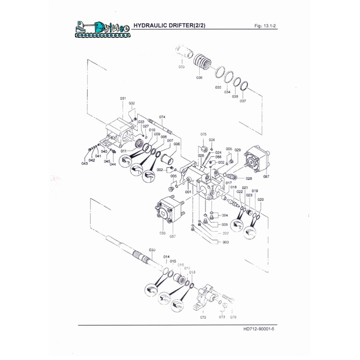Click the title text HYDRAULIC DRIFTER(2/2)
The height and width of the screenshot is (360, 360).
[169, 26]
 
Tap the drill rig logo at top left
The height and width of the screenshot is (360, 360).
[102, 28]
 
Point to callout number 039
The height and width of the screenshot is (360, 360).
[181, 67]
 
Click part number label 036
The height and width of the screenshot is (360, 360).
[199, 77]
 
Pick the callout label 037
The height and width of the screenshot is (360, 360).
[243, 101]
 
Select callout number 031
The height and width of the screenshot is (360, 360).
[123, 98]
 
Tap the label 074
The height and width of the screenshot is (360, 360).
[162, 117]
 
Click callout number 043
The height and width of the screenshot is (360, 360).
[84, 163]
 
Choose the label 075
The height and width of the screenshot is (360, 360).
[203, 134]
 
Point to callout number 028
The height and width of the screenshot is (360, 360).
[249, 178]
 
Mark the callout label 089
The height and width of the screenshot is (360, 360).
[163, 233]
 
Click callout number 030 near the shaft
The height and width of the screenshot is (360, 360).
[152, 249]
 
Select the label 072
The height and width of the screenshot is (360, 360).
[203, 318]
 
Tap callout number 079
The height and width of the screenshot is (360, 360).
[233, 317]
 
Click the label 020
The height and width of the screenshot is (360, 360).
[260, 199]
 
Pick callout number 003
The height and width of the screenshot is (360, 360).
[225, 242]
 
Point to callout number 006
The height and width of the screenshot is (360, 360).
[177, 144]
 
